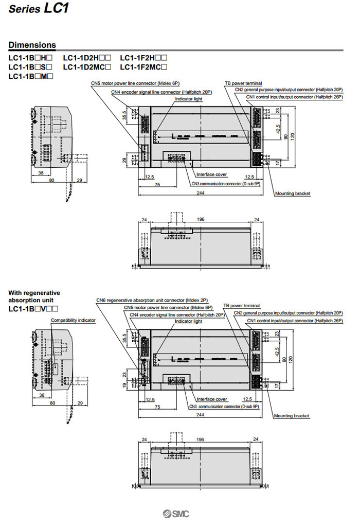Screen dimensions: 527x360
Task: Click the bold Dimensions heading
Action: click(32, 45)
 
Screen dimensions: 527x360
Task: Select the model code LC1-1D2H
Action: click(87, 58)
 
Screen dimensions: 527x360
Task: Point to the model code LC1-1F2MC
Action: click(143, 67)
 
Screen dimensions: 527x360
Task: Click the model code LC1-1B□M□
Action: click(31, 76)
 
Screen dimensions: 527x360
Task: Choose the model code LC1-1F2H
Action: click(143, 58)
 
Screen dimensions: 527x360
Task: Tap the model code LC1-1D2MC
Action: click(87, 67)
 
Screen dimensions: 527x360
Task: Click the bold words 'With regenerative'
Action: click(34, 293)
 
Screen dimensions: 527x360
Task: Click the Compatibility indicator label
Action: click(73, 320)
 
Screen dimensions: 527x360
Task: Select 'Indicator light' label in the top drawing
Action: click(189, 98)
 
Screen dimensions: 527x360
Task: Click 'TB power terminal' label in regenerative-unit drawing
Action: click(242, 306)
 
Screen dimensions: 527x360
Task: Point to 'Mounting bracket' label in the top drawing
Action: click(292, 194)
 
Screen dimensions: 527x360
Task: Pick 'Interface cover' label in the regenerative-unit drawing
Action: click(212, 399)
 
